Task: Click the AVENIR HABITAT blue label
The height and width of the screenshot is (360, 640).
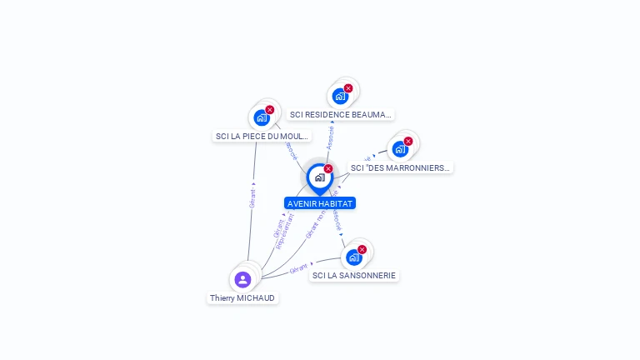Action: (320, 203)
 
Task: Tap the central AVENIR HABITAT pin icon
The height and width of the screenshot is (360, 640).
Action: (319, 177)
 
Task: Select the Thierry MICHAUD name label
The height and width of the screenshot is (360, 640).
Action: (242, 297)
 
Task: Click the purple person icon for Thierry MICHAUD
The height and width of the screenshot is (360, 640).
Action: (242, 279)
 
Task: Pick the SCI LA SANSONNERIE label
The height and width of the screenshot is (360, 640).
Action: (354, 275)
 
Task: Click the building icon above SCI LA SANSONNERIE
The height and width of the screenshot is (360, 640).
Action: (353, 257)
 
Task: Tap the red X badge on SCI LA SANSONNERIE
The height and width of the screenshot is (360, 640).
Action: (362, 249)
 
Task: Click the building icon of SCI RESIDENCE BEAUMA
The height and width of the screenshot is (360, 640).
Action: (340, 96)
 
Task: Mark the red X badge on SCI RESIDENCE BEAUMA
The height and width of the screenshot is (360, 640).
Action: (348, 88)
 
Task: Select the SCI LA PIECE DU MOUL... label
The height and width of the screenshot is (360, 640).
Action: (262, 136)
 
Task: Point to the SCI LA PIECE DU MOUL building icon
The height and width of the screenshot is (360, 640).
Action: (262, 117)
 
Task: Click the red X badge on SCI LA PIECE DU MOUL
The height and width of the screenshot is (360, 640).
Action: (270, 110)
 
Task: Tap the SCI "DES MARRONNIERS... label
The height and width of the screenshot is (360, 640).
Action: (400, 167)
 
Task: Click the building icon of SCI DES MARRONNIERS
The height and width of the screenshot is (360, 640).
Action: (400, 149)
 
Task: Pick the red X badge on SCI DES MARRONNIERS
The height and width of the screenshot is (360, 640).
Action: (408, 142)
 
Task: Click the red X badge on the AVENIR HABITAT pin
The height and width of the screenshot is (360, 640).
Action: (328, 169)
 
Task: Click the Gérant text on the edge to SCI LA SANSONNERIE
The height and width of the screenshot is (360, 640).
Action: (298, 269)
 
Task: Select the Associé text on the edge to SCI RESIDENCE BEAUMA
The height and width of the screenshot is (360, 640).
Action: (331, 137)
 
